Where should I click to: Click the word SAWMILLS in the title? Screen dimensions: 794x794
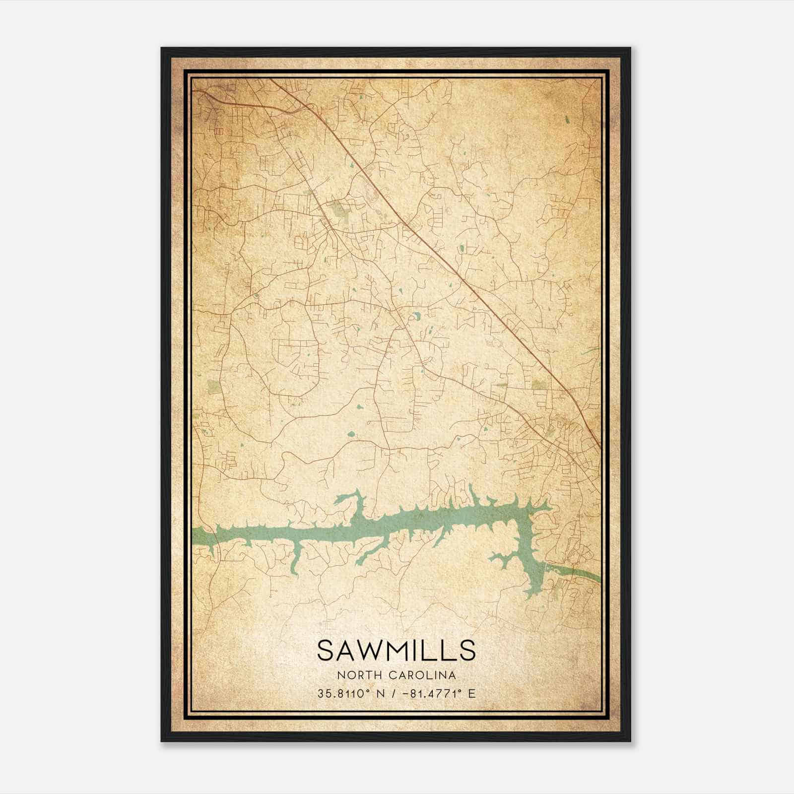point(396,650)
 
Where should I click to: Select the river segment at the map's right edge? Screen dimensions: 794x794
point(586,574)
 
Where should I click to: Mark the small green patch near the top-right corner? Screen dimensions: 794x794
point(566,120)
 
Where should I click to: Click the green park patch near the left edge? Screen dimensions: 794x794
point(213,387)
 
